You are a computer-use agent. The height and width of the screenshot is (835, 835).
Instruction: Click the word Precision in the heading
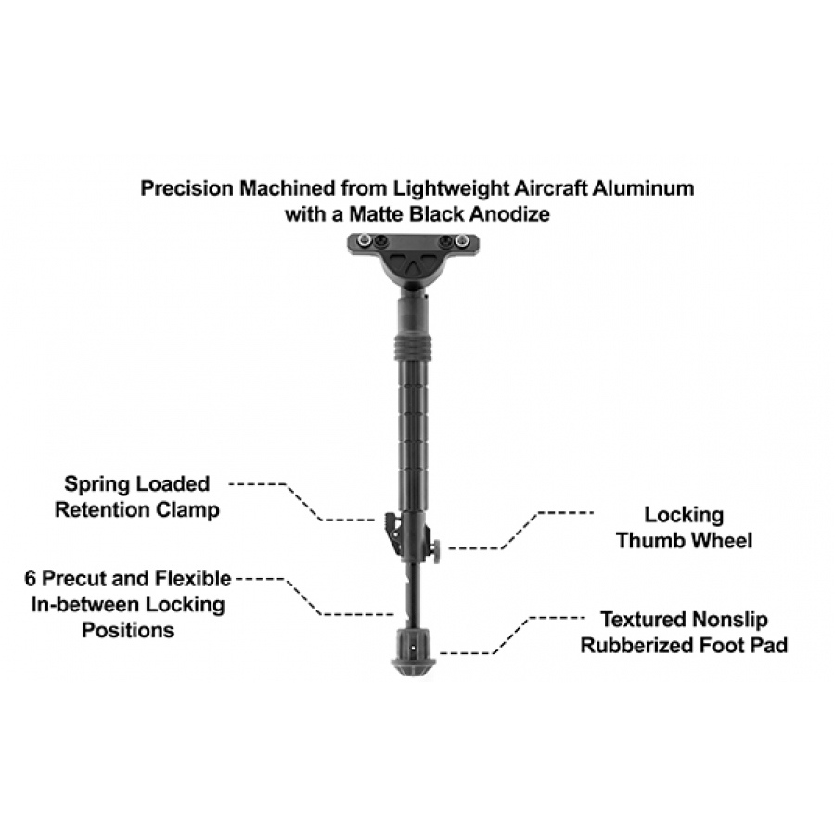point(186,188)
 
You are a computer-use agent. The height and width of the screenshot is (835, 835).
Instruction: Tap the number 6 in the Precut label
point(31,578)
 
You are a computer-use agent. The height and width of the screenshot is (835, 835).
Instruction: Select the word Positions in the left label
point(128,631)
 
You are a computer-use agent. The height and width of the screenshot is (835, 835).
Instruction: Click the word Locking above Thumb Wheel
point(684,516)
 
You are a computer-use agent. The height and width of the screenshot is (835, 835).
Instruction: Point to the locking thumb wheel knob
point(436,551)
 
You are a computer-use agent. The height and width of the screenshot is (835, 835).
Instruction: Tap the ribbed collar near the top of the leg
point(413,347)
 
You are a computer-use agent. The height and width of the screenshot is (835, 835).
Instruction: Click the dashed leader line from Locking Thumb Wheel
point(520,531)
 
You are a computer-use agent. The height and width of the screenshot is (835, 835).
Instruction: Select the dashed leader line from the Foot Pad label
point(511,636)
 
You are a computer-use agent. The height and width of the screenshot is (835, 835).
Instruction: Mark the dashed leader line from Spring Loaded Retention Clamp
point(303,502)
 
